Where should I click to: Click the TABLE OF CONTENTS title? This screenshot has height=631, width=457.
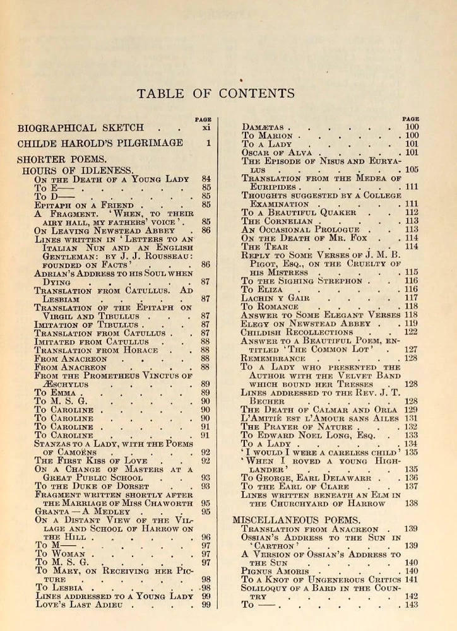tap(216, 93)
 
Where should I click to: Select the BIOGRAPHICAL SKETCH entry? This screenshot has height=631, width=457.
tap(81, 127)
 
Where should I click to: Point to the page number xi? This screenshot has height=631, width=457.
tap(206, 127)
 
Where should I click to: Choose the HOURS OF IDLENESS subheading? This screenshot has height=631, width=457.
tap(78, 170)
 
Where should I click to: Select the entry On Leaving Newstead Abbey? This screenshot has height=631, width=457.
tap(105, 230)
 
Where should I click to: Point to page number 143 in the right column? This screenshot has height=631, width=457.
tap(412, 604)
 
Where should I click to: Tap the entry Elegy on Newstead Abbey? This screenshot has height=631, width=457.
tap(299, 323)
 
